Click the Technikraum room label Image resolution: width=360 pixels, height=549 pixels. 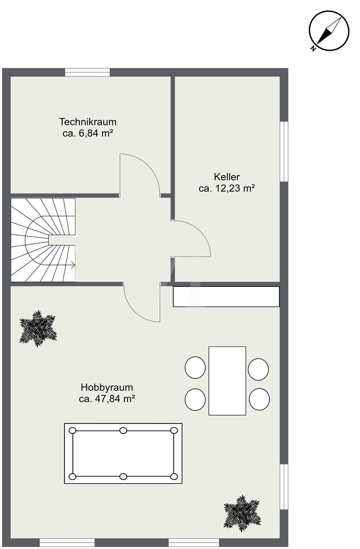pos(88,122)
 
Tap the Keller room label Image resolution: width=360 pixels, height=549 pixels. pos(227,177)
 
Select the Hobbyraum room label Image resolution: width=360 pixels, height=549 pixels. pos(107,388)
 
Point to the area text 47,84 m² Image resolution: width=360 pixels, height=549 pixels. pos(115,399)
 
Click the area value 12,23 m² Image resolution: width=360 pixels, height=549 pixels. pos(235,188)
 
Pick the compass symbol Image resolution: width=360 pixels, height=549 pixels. pos(329,31)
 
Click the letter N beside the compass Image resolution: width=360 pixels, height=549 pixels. pos(313,49)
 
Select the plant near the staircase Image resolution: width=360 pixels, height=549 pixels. pos(38,329)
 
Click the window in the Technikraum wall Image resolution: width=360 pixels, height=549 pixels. pos(87,72)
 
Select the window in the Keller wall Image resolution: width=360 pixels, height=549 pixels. pos(284,152)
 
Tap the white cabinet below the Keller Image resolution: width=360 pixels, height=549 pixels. pos(226,296)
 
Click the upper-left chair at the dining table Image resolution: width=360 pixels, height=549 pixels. pos(195,367)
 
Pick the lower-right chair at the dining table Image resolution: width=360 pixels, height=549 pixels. pos(259,399)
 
